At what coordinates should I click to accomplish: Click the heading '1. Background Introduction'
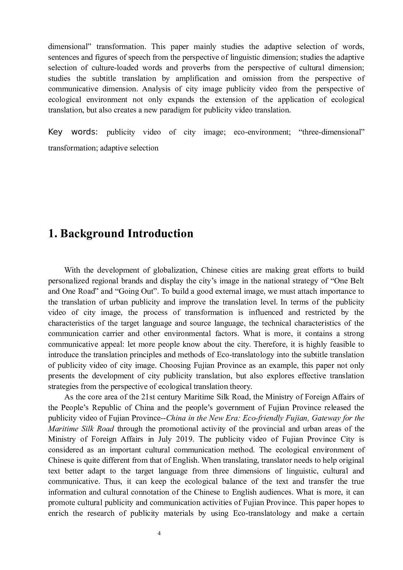(121, 233)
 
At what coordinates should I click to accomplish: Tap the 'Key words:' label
(73, 132)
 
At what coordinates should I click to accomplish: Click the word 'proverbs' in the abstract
(196, 68)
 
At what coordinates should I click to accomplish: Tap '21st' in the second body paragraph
(150, 397)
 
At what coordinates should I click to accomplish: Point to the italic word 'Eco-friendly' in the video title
(263, 418)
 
